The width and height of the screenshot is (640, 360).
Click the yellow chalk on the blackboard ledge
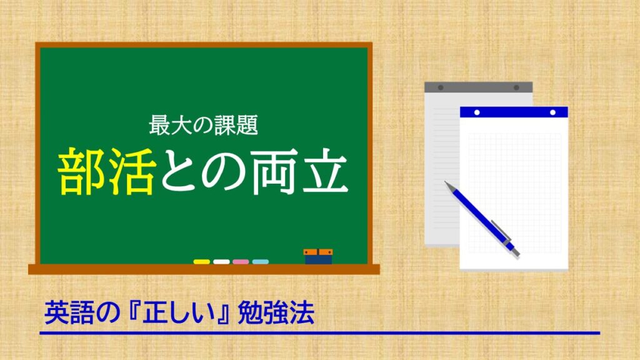click(x=201, y=262)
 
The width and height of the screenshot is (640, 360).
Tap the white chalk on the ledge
click(x=221, y=262)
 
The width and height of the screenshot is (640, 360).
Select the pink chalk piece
click(x=241, y=262)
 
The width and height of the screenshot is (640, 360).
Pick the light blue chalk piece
click(x=261, y=262)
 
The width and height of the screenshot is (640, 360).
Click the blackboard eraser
click(x=318, y=256)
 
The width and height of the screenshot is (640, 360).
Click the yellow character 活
click(x=131, y=170)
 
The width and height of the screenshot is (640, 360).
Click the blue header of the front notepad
click(x=514, y=112)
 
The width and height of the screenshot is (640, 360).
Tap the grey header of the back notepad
click(x=478, y=87)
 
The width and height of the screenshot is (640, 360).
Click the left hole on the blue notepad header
click(x=477, y=112)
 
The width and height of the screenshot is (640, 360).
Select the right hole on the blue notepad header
click(x=552, y=112)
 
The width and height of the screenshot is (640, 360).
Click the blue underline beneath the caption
click(x=319, y=333)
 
